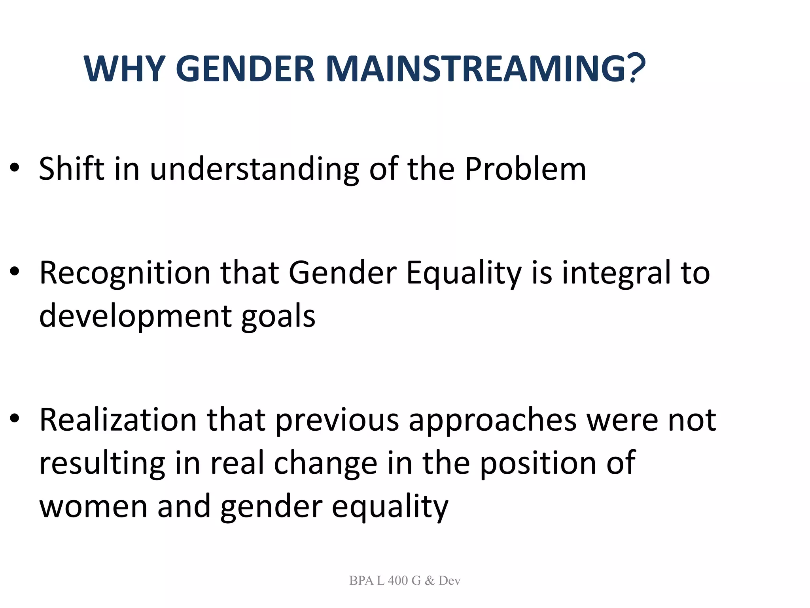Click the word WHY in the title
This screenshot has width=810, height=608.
pyautogui.click(x=124, y=68)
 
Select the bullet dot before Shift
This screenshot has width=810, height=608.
pyautogui.click(x=15, y=168)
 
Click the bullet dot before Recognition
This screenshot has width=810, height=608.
pyautogui.click(x=15, y=272)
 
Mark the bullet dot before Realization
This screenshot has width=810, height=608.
pyautogui.click(x=15, y=419)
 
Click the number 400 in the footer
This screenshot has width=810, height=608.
pyautogui.click(x=397, y=581)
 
